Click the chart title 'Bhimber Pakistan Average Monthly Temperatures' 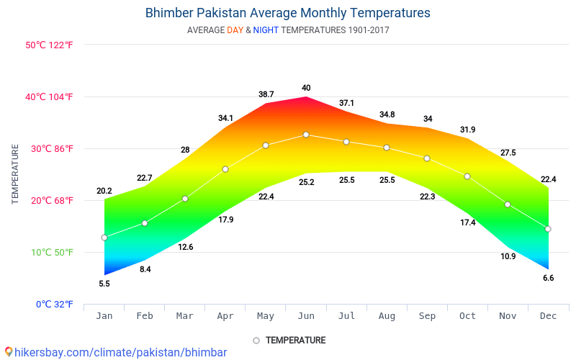point(287,13)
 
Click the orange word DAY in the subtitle point(235,30)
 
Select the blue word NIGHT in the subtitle point(266,30)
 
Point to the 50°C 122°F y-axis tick point(49,45)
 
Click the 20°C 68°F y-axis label point(49,200)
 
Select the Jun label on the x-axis point(306,316)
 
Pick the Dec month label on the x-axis point(548,316)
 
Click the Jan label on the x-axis point(104,316)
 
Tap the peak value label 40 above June point(306,88)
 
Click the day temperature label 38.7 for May point(266,94)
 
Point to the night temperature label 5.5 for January point(104,284)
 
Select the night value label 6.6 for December point(548,278)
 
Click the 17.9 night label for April point(225,220)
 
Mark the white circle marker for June point(306,135)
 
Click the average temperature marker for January point(104,238)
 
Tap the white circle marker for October point(467,176)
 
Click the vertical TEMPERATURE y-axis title point(15,174)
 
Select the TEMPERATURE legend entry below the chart point(294,340)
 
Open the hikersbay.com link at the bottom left point(120,352)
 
